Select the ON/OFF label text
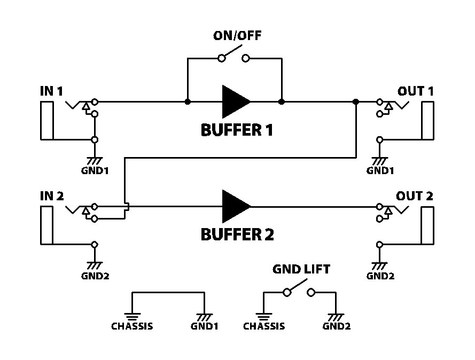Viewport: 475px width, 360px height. (238, 36)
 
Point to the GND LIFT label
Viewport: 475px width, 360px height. (301, 269)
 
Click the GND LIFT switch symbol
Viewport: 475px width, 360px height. (299, 291)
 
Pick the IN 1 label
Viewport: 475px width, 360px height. (51, 91)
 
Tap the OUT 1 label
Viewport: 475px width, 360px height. (415, 91)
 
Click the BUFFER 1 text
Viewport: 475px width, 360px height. (237, 130)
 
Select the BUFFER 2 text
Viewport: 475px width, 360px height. (237, 234)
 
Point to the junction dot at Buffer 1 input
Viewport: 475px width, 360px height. (188, 101)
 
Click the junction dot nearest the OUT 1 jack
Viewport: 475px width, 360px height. (356, 101)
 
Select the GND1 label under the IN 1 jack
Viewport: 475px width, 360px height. (95, 171)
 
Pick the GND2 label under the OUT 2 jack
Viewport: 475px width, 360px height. (380, 276)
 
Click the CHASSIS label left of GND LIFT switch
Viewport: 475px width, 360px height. (264, 326)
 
